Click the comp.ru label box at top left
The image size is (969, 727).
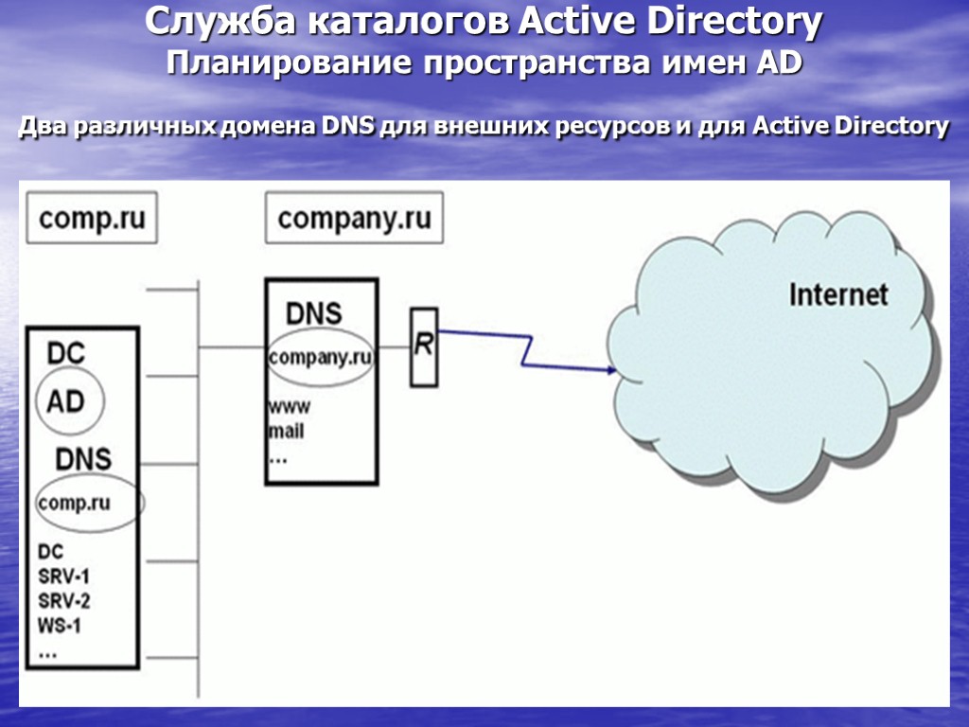click(x=92, y=219)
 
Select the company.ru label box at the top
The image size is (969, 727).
click(x=354, y=219)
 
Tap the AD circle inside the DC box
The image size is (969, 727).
click(x=66, y=401)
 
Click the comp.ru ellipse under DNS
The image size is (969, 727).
click(x=89, y=503)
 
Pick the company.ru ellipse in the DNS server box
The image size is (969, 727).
click(x=320, y=358)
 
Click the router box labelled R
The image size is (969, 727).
click(x=424, y=346)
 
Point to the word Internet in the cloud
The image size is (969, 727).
click(x=838, y=293)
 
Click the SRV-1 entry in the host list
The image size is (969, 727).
click(x=64, y=576)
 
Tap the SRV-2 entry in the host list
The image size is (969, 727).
click(x=64, y=600)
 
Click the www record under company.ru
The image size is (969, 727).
click(x=290, y=408)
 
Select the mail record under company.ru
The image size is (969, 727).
click(x=287, y=432)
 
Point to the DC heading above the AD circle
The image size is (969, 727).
click(x=66, y=354)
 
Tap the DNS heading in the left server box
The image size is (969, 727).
click(x=83, y=460)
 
